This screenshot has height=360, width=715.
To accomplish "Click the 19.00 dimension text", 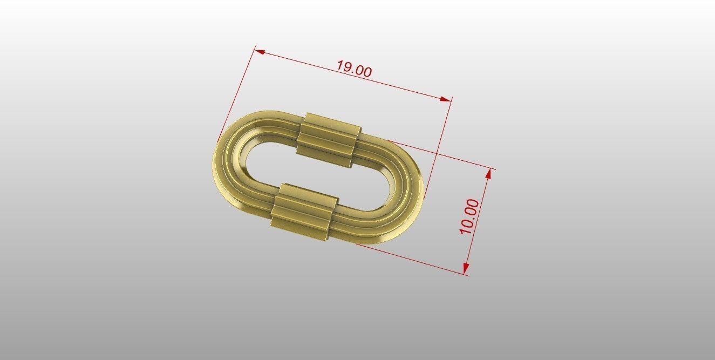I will coord(354,70).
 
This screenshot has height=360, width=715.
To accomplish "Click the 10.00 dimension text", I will coord(469,216).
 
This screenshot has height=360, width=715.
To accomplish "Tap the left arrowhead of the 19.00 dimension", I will coord(260,52).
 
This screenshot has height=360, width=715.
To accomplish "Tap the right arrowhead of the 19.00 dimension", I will coord(446,99).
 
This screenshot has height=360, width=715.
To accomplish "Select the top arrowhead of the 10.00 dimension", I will coord(489,173).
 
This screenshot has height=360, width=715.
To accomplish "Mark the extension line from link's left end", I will coord(237,92).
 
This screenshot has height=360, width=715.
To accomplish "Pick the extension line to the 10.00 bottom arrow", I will coord(410,259).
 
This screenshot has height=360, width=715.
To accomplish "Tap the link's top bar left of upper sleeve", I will coord(270,121).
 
